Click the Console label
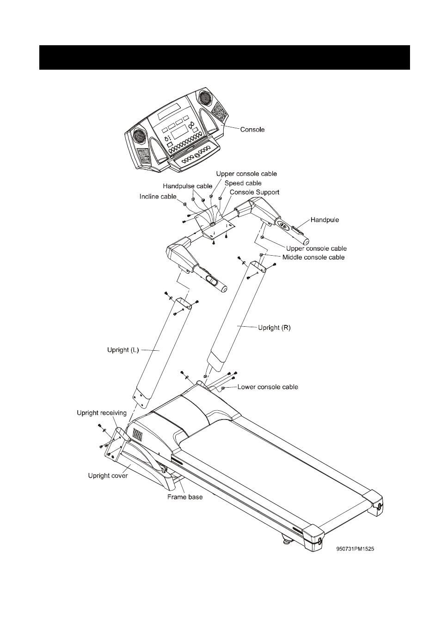[x=252, y=130]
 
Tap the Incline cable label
[x=158, y=197]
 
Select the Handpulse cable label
[x=188, y=186]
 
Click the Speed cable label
[x=243, y=183]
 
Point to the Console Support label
[x=254, y=192]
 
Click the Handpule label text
[x=325, y=220]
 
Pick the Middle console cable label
[x=313, y=257]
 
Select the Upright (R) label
[x=274, y=328]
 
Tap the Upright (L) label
[x=123, y=350]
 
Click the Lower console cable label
[x=268, y=387]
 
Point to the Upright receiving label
[x=101, y=413]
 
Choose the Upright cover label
[x=108, y=476]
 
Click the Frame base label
[x=185, y=497]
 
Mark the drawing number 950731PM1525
[x=355, y=549]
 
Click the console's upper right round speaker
[x=206, y=97]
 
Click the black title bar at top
[x=225, y=57]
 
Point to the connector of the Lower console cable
[x=223, y=388]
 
